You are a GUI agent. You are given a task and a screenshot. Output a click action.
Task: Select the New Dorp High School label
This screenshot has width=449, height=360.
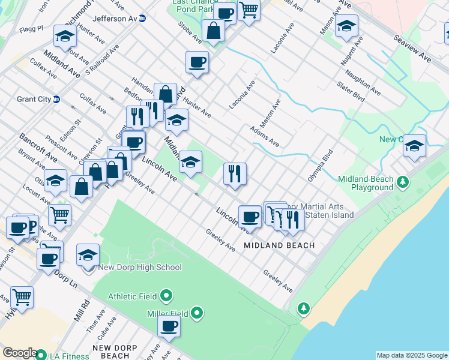(x=139, y=268)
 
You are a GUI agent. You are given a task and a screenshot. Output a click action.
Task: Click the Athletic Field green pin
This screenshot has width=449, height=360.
(x=167, y=296)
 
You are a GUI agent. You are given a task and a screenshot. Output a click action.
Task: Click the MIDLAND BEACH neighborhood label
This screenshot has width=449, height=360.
(x=279, y=246)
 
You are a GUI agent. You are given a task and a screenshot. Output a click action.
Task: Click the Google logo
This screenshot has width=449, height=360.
(x=19, y=353)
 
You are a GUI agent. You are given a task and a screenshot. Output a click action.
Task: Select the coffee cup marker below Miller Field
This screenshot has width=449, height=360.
(x=169, y=327)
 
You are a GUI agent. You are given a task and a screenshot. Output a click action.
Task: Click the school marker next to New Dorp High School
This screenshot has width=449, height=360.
(x=88, y=254)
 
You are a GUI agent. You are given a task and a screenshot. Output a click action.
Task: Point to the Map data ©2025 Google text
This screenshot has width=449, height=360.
(x=412, y=355)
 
